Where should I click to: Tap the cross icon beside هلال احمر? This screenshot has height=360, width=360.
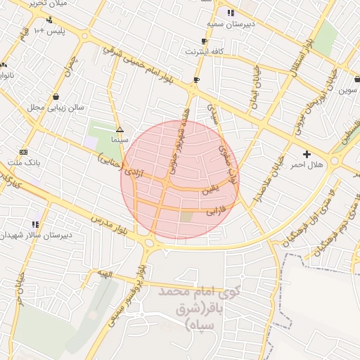(x=306, y=153)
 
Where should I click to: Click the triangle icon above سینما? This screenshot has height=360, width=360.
(x=120, y=129)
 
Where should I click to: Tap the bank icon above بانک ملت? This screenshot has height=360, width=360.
(x=23, y=152)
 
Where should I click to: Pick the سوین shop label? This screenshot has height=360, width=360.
(x=349, y=90)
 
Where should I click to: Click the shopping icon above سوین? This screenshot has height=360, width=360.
(x=349, y=79)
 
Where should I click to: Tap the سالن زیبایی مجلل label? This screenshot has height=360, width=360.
(x=56, y=108)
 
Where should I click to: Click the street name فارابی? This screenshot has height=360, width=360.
(x=214, y=210)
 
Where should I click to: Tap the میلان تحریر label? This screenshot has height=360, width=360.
(x=50, y=4)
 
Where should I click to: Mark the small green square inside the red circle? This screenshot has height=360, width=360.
(x=186, y=217)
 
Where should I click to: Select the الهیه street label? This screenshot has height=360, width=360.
(x=105, y=274)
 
